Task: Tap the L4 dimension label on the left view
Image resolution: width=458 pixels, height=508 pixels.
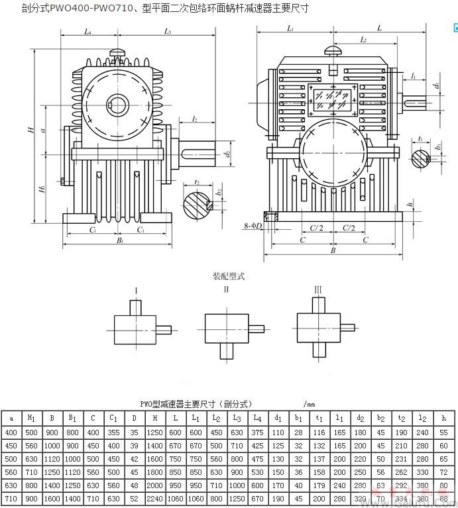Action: tap(88, 31)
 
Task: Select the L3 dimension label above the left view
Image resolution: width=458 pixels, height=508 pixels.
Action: tap(168, 31)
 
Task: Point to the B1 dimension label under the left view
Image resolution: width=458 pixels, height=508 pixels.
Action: tap(120, 241)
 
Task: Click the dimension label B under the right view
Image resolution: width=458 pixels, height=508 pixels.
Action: tap(333, 250)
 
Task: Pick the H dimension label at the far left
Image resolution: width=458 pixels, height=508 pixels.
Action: tap(30, 130)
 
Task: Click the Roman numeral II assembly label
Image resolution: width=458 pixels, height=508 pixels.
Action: tap(226, 289)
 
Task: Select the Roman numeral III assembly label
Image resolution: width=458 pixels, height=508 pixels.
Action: tap(318, 289)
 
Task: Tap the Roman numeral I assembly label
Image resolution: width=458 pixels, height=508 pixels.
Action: tap(136, 289)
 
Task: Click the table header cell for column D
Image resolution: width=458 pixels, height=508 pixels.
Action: tap(134, 417)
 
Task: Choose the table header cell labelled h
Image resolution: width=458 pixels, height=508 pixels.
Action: tap(443, 417)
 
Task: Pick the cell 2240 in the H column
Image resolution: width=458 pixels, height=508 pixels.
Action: tap(154, 498)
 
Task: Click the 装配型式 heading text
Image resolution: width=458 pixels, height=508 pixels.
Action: tap(228, 276)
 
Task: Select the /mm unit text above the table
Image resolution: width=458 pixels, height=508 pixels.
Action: tap(310, 403)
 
